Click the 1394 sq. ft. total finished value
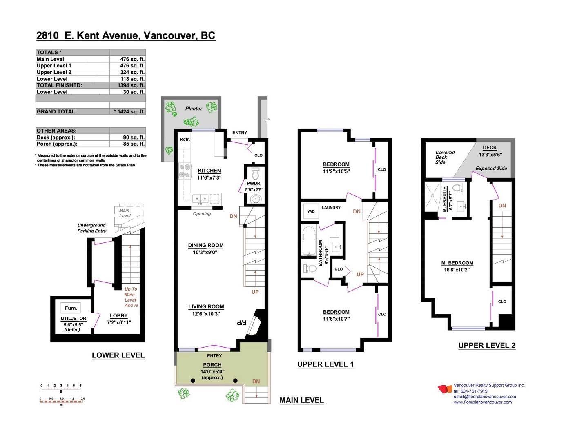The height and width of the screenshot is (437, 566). click(131, 85)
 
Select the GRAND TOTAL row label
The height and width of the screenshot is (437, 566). click(56, 112)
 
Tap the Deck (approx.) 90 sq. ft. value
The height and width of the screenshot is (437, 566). click(134, 137)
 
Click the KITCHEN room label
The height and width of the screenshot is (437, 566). click(209, 171)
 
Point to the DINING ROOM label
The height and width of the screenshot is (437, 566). click(206, 245)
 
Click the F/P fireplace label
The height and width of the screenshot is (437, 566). click(241, 323)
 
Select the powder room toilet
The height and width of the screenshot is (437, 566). click(255, 173)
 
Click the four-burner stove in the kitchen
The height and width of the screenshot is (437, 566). click(185, 171)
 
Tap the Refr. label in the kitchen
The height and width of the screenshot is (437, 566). click(185, 139)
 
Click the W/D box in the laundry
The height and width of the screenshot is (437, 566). click(311, 211)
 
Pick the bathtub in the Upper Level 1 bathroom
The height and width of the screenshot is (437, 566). click(309, 241)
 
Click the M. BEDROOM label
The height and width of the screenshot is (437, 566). click(457, 263)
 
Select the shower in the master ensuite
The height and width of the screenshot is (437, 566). click(432, 196)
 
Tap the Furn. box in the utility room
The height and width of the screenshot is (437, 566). click(71, 308)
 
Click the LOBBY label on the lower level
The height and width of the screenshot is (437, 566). click(119, 315)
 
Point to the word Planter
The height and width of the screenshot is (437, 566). click(194, 109)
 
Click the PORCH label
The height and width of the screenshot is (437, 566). click(212, 365)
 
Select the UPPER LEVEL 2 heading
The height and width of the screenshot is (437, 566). click(487, 345)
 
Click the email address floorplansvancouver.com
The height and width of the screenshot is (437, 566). click(485, 397)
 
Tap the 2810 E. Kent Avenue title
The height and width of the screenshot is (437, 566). click(126, 35)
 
